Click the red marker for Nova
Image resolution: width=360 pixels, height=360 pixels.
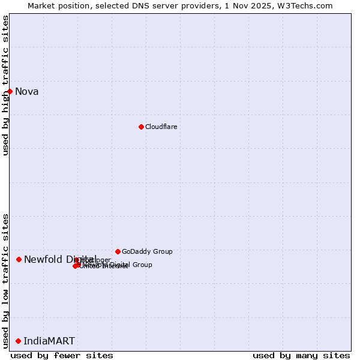pos(10,91)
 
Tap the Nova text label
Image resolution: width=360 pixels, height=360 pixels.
pos(27,92)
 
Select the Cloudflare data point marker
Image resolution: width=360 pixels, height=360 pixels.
pos(141,127)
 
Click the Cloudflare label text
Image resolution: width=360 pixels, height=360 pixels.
pos(161,127)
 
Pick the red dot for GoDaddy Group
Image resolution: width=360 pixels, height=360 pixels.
pos(118,251)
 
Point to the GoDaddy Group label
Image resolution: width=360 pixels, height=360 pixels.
pos(147,251)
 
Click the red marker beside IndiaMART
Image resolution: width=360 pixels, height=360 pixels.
pos(18,341)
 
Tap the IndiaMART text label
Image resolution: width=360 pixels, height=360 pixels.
pos(49,341)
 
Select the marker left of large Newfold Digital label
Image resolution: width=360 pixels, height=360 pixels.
pos(19,259)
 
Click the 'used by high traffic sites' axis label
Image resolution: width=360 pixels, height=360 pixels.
pos(6,85)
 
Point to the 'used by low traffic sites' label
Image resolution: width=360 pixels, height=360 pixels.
pos(6,281)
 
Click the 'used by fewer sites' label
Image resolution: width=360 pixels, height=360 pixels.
pos(62,355)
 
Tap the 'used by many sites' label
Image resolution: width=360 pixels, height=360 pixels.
pos(301,355)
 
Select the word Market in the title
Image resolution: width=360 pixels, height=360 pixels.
pos(40,5)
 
